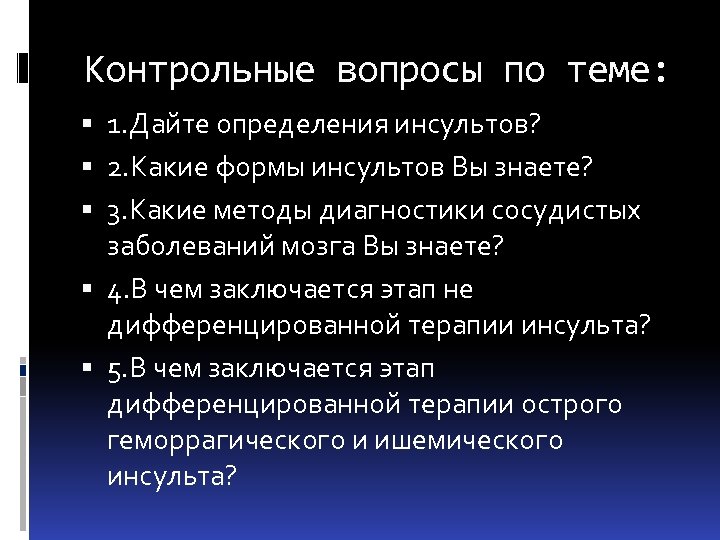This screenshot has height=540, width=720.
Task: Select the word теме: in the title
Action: click(x=615, y=72)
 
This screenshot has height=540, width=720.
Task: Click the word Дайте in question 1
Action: click(x=166, y=127)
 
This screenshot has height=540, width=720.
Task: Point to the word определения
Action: click(x=296, y=127)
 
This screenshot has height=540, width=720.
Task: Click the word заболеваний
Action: click(x=190, y=245)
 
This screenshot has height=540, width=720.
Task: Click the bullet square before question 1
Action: click(x=90, y=128)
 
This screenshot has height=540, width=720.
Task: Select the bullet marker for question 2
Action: click(x=90, y=170)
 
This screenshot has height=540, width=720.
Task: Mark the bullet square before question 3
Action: click(x=90, y=212)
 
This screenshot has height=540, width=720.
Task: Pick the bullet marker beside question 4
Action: click(x=90, y=290)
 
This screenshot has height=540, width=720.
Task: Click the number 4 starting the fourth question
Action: click(x=115, y=291)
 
